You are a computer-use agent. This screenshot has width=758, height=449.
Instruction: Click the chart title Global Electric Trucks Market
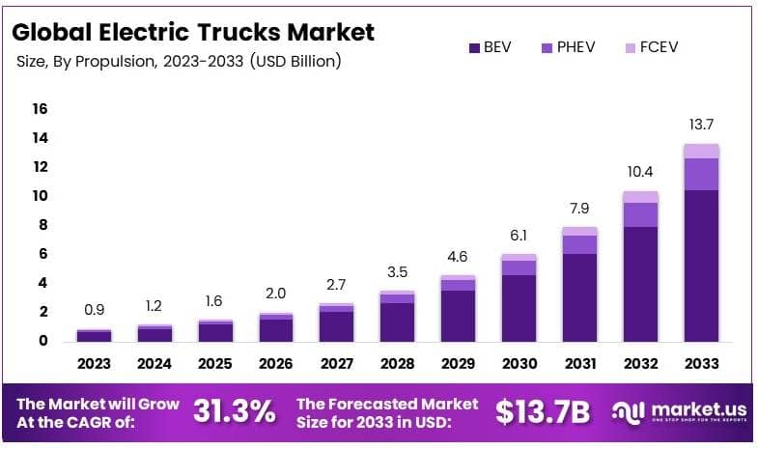click(x=192, y=32)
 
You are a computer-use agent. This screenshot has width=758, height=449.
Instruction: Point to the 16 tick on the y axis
click(x=40, y=109)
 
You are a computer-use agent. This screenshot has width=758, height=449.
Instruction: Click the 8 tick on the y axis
click(x=42, y=225)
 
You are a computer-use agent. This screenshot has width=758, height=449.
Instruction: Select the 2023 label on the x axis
click(x=95, y=364)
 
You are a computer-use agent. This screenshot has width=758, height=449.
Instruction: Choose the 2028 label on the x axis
click(x=397, y=364)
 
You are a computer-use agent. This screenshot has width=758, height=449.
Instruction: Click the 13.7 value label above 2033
click(x=701, y=124)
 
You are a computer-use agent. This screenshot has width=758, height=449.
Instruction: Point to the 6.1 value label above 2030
click(x=519, y=235)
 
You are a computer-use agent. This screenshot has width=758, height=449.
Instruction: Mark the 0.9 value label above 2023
click(x=95, y=310)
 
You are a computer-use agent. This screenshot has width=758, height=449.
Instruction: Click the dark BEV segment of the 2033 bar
click(x=701, y=266)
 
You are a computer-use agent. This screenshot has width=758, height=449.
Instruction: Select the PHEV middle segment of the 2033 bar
click(x=701, y=174)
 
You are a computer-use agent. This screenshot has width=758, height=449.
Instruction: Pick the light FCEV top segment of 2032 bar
click(x=640, y=197)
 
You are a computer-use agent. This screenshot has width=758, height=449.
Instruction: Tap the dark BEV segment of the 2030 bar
click(x=519, y=307)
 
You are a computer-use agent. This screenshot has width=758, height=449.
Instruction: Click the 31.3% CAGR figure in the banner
click(x=235, y=411)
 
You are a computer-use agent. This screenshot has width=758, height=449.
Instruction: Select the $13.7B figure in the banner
click(x=542, y=411)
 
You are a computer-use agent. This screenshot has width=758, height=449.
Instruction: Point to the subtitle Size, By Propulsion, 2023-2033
click(x=179, y=62)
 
